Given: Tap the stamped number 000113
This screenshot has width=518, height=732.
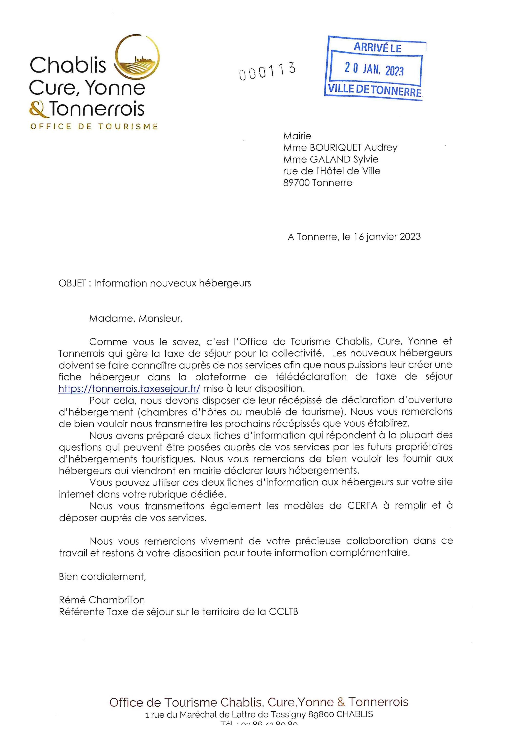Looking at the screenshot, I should tap(267, 71).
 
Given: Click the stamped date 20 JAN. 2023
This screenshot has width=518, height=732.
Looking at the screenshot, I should tap(374, 69).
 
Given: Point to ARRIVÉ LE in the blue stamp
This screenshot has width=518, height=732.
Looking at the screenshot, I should tap(377, 48).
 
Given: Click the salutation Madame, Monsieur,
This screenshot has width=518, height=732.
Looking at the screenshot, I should tap(136, 318).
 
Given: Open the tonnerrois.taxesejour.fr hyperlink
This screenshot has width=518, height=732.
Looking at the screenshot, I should tap(129, 389).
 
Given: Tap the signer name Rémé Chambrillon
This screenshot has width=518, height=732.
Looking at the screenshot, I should tap(102, 600).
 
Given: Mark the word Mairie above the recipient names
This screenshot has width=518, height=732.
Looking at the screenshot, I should tap(297, 136).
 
